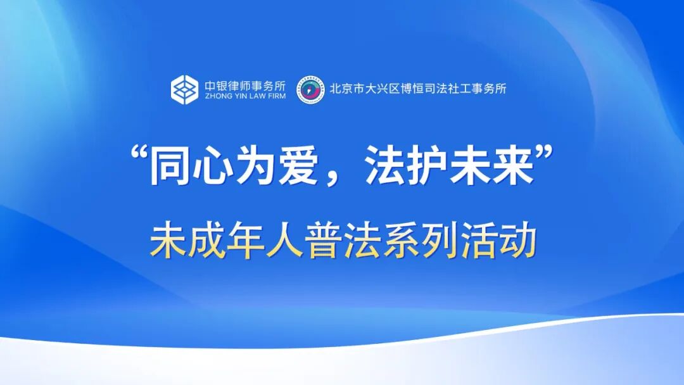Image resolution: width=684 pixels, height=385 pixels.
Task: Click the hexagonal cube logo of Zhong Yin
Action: (184, 89)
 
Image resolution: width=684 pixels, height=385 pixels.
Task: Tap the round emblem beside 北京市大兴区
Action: (312, 89)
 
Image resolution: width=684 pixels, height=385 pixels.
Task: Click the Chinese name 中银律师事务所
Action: (244, 84)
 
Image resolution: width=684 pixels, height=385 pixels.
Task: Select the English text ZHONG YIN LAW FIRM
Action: (244, 97)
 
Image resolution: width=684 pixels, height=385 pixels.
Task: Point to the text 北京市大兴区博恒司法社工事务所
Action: (418, 89)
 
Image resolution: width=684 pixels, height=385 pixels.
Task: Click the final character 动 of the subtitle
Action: (514, 242)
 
